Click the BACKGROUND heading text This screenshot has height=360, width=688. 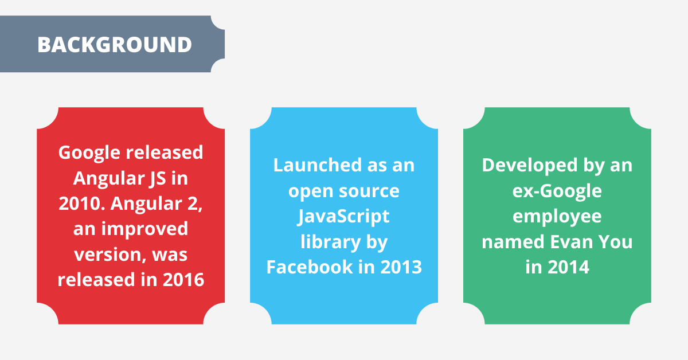click(115, 45)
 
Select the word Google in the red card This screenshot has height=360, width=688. click(88, 152)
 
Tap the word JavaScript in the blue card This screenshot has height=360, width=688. click(344, 217)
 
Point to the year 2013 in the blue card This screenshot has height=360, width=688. click(400, 267)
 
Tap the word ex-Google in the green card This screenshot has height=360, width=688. click(557, 191)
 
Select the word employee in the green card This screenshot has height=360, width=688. click(557, 217)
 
